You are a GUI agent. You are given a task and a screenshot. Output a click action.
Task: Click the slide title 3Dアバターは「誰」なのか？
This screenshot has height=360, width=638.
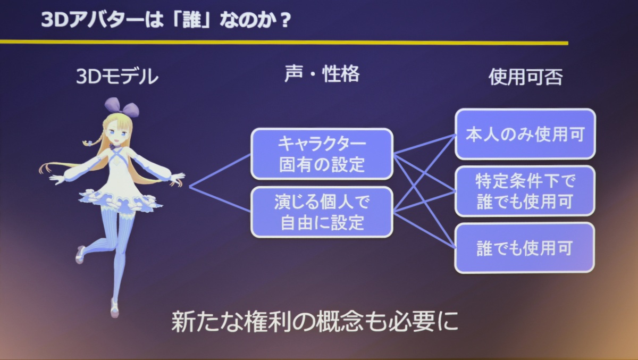pos(166,20)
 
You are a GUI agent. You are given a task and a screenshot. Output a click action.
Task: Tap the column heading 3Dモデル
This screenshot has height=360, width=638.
pos(117,77)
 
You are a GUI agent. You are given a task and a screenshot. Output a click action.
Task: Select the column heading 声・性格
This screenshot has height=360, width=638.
pos(322,74)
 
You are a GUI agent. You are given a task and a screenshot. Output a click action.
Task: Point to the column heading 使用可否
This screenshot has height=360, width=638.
pos(525,77)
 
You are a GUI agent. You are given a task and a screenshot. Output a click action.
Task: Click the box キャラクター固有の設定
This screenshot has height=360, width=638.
pos(322,154)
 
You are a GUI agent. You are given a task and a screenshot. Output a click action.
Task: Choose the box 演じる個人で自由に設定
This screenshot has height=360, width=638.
pos(322,212)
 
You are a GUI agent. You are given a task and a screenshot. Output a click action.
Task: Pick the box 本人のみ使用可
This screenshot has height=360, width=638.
pos(525,134)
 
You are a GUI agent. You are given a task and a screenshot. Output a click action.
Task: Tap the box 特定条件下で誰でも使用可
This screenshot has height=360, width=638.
pos(525,191)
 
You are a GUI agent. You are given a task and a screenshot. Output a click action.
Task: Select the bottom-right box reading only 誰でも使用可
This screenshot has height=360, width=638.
pos(525,248)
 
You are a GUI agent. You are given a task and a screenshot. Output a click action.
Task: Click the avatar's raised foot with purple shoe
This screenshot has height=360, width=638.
pos(80,254)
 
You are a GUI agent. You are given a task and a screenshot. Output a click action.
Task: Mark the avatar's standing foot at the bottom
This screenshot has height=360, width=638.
pos(114,308)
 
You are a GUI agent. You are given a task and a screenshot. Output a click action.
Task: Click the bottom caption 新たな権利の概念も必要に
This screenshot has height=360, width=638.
pos(315,322)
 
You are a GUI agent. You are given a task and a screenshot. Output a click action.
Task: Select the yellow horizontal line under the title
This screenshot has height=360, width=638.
pos(284,43)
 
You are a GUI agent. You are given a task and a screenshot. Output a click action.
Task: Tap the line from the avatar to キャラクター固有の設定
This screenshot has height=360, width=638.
pos(220,171)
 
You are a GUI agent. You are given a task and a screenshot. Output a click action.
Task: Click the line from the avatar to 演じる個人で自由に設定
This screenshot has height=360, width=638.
pos(220,199)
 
